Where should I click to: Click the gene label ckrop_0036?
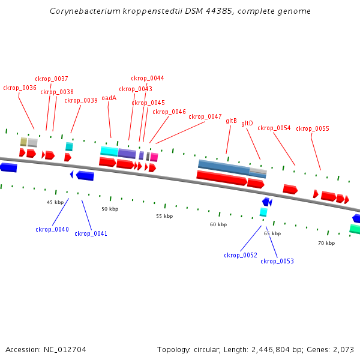click(x=20, y=88)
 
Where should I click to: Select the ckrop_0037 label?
click(x=52, y=79)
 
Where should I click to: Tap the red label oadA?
click(x=109, y=98)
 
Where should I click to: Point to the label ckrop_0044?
click(x=148, y=78)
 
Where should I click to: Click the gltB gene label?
click(x=231, y=121)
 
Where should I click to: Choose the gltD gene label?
click(x=247, y=124)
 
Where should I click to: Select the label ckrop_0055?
click(x=313, y=128)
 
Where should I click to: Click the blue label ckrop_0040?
click(x=52, y=229)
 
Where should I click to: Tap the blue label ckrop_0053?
click(x=277, y=261)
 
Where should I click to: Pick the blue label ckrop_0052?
click(x=241, y=255)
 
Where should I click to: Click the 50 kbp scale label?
click(x=110, y=209)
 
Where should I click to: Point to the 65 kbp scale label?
click(x=272, y=233)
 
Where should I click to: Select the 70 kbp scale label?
click(x=326, y=243)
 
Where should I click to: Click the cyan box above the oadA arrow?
click(x=109, y=151)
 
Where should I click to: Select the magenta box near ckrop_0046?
click(x=154, y=157)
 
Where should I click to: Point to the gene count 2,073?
click(x=344, y=349)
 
